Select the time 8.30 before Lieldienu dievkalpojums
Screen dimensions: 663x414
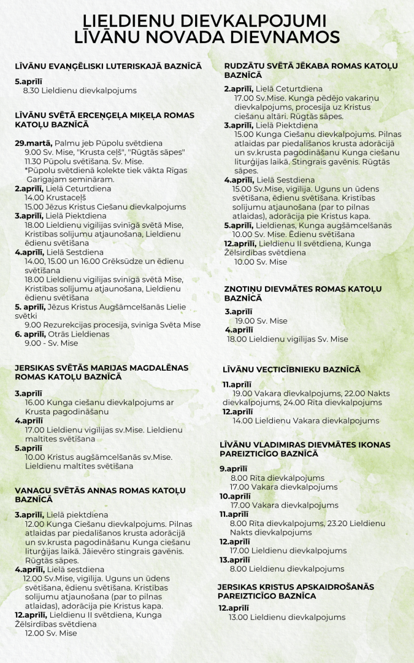coord(33,90)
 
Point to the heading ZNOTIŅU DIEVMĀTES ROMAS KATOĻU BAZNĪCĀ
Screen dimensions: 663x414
coord(303,293)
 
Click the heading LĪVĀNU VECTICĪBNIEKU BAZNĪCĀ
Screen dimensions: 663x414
coord(291,370)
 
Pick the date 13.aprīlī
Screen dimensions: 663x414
coord(235,560)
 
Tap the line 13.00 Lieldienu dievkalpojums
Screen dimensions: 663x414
coord(287,617)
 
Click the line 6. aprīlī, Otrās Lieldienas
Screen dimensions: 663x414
coord(62,334)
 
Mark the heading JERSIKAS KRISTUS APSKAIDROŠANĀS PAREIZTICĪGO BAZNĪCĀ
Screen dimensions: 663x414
coord(295,591)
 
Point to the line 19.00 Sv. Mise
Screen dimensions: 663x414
coord(261,320)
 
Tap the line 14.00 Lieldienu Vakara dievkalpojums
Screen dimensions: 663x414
coord(305,421)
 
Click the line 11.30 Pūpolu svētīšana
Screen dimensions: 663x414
coord(84,161)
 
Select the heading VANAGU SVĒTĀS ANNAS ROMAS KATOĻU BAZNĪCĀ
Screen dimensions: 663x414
coord(100,495)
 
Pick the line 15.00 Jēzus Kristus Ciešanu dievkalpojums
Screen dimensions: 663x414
coord(105,207)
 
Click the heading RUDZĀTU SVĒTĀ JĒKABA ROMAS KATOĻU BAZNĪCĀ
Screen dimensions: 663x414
coord(312,70)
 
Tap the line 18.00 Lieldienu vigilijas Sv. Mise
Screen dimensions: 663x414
coord(287,339)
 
